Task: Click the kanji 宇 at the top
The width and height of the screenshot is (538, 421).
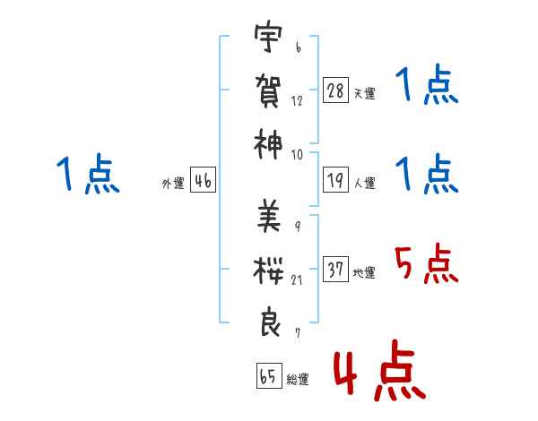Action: click(268, 37)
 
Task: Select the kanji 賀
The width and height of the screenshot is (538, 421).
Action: click(268, 90)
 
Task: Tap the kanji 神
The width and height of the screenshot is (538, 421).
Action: click(268, 144)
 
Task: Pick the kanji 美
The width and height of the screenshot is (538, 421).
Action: click(269, 216)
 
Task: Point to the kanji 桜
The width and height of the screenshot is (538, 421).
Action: click(268, 271)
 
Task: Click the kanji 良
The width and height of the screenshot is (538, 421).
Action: click(270, 322)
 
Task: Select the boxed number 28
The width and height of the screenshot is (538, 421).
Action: click(335, 90)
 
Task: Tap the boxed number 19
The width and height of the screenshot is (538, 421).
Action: click(335, 180)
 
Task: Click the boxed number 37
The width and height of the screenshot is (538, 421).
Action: click(335, 269)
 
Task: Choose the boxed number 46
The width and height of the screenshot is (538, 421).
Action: click(204, 180)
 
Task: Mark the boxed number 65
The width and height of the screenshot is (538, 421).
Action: click(269, 375)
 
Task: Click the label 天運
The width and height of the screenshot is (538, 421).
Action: click(365, 93)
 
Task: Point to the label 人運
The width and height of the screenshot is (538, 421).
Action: click(365, 183)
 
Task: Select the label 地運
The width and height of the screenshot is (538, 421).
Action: click(364, 272)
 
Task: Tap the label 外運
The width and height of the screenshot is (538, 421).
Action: click(173, 183)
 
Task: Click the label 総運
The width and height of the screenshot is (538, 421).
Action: click(298, 379)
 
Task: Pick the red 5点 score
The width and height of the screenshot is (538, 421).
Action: click(427, 263)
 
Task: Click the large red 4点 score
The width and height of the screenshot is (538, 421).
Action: click(379, 371)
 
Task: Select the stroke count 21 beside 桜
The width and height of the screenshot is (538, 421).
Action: click(297, 279)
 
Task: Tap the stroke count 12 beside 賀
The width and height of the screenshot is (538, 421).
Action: click(297, 100)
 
